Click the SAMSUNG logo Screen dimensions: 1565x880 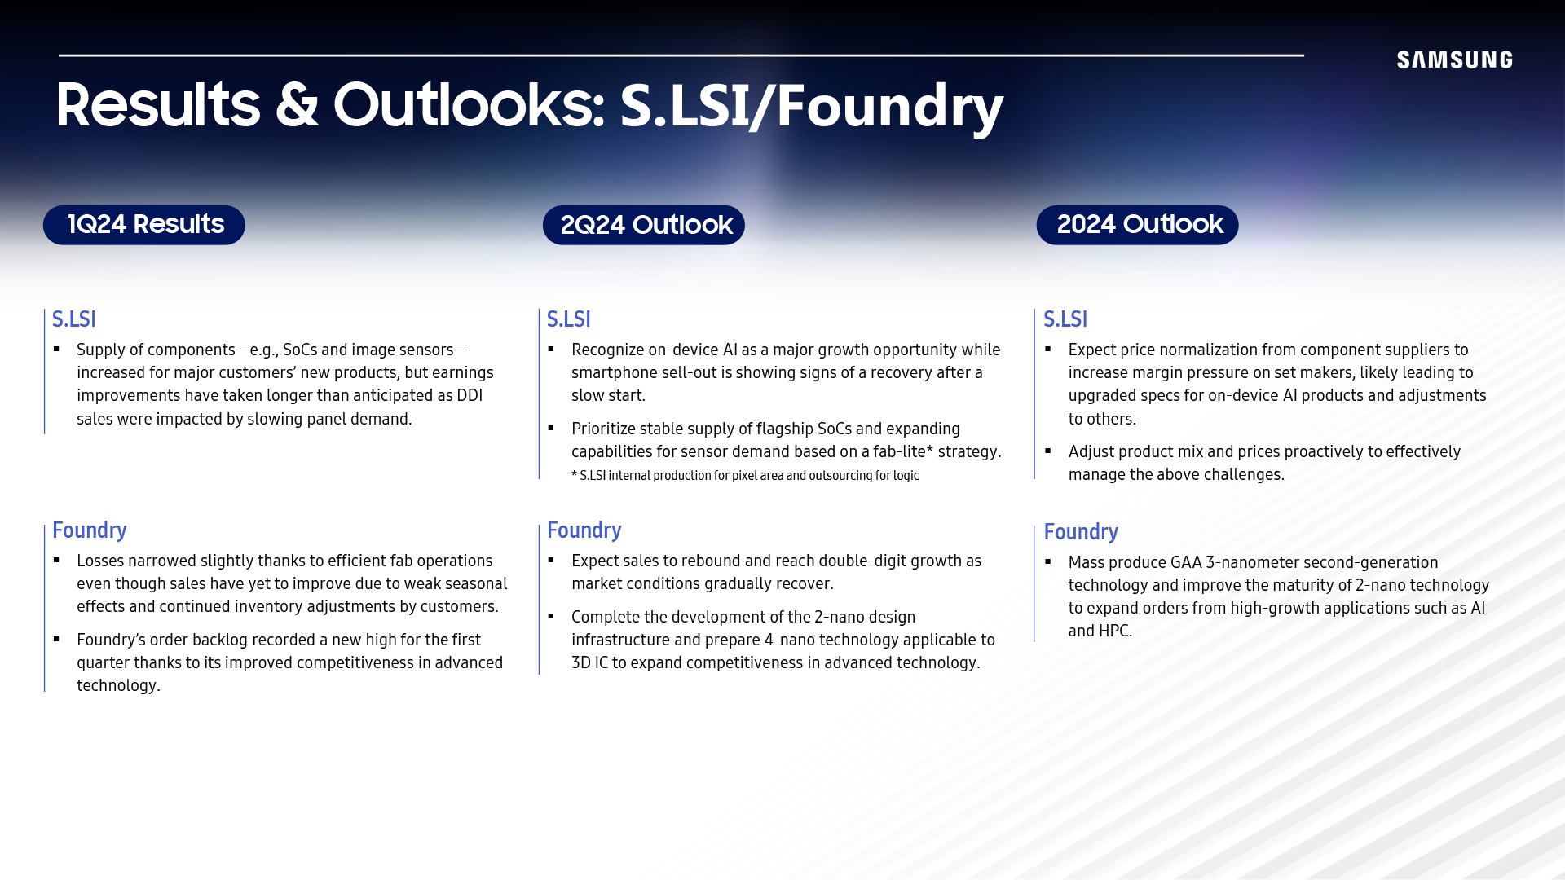click(x=1455, y=59)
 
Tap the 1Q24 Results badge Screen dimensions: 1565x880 click(x=144, y=225)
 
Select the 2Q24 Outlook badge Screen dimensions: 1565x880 click(x=644, y=225)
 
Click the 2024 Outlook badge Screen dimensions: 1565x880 click(x=1137, y=225)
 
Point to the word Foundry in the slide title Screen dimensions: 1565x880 click(x=889, y=107)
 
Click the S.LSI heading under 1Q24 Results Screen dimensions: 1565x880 click(x=74, y=319)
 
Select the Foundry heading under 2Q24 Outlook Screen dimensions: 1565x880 click(x=584, y=530)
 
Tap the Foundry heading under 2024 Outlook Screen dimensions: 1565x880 click(x=1081, y=532)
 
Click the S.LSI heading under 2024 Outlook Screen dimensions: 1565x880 click(x=1065, y=319)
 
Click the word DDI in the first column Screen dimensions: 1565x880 click(x=469, y=395)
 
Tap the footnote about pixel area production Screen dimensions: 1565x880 click(x=745, y=476)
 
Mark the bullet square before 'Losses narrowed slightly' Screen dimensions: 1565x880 click(x=56, y=560)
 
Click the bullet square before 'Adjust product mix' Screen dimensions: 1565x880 click(x=1048, y=451)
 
